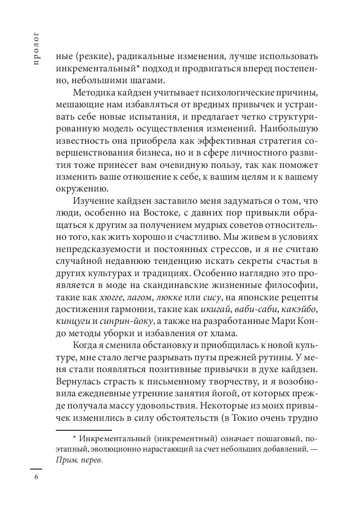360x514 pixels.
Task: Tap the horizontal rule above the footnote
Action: [84, 430]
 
